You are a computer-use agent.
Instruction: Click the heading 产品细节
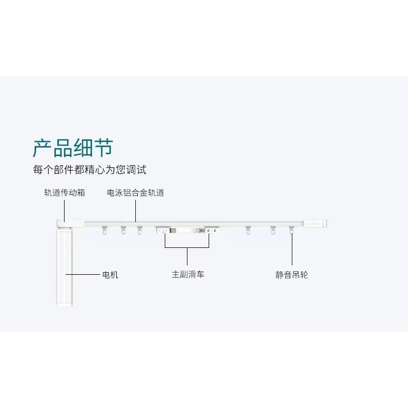pos(73,148)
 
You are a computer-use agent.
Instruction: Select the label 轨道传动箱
pos(65,193)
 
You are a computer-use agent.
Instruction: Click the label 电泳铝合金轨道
pos(135,193)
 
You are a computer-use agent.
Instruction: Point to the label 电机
pos(109,275)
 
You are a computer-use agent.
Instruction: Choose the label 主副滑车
pos(188,275)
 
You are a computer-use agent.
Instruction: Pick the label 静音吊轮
pos(292,275)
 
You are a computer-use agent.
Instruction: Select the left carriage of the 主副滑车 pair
pos(164,229)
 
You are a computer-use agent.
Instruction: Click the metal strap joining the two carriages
pos(187,231)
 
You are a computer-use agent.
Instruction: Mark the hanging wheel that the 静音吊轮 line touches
pos(292,231)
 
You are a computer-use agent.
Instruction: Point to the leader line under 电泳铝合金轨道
pos(135,209)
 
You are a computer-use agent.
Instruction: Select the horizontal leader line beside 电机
pos(86,274)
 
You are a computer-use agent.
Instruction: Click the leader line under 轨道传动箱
pos(65,209)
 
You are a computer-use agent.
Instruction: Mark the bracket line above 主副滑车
pos(188,248)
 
